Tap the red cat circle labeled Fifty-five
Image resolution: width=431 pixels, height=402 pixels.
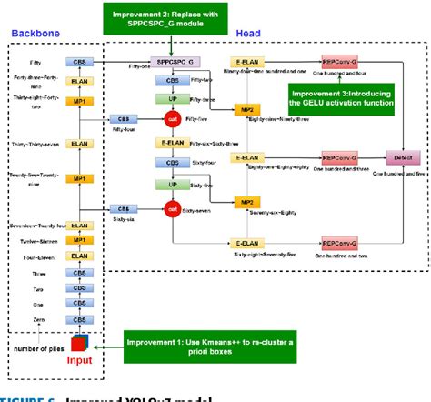click(x=170, y=118)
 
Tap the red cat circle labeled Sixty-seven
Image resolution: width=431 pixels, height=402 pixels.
click(x=170, y=207)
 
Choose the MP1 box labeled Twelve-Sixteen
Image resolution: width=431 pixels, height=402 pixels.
click(x=80, y=240)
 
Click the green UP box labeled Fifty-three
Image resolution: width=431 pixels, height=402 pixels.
click(x=171, y=97)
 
